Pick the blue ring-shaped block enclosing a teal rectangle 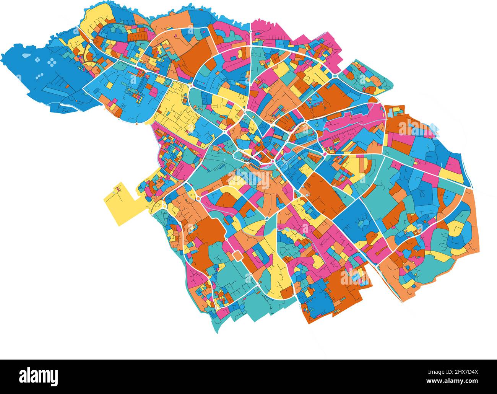260,256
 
